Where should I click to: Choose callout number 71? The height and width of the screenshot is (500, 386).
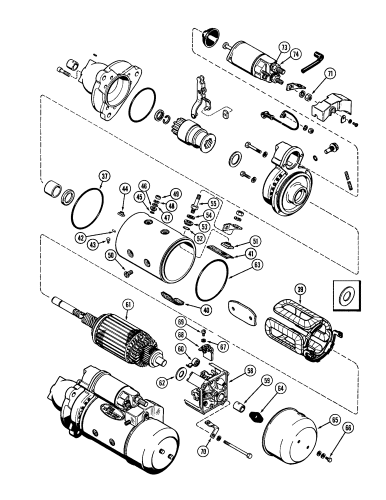pos(329,73)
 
